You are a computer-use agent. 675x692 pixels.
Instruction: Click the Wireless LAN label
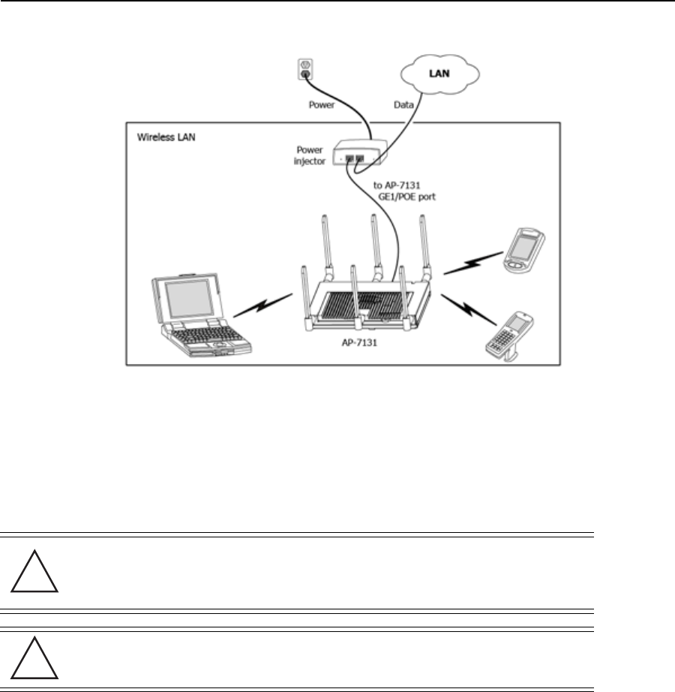click(x=162, y=137)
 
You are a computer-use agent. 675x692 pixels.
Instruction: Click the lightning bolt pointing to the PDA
click(x=471, y=263)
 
